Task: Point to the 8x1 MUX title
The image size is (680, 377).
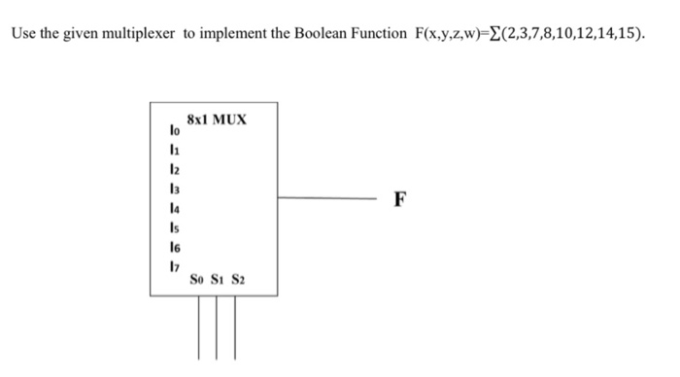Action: (x=216, y=120)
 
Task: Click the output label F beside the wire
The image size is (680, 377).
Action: (x=400, y=201)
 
